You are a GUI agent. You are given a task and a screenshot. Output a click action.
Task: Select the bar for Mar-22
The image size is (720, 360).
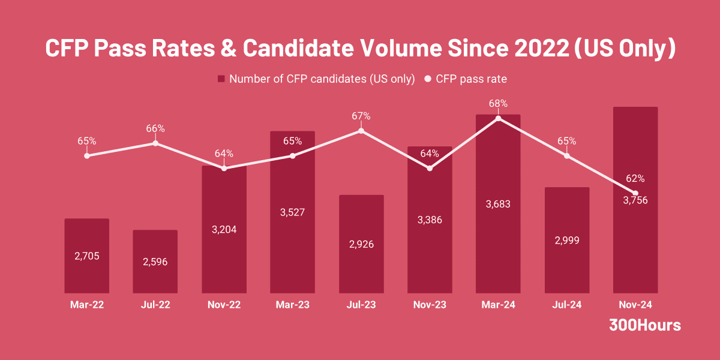click(x=87, y=256)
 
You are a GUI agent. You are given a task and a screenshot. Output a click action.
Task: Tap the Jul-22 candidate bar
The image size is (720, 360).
click(x=155, y=262)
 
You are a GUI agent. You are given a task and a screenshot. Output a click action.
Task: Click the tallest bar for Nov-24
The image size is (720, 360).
click(x=635, y=240)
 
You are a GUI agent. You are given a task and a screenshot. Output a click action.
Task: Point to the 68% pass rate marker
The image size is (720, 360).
click(x=499, y=119)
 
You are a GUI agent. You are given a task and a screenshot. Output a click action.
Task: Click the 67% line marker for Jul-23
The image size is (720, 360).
click(x=361, y=131)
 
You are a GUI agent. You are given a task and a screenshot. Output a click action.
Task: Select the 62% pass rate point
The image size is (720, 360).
click(x=635, y=193)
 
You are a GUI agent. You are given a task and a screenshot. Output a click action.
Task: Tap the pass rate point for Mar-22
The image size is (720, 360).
click(x=87, y=155)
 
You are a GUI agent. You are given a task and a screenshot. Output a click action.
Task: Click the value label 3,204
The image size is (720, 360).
click(x=224, y=229)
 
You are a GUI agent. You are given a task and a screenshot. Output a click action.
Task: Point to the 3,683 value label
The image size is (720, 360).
click(x=499, y=204)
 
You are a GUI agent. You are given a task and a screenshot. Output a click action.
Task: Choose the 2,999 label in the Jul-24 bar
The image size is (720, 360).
click(x=567, y=240)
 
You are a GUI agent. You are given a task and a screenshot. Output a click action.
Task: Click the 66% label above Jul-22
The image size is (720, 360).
click(x=155, y=128)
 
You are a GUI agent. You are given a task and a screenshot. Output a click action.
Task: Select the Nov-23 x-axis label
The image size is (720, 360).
click(x=430, y=305)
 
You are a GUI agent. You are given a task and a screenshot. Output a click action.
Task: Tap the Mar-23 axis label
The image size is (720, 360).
click(x=293, y=305)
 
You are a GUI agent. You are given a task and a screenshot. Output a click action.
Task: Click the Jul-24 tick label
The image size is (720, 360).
click(x=567, y=305)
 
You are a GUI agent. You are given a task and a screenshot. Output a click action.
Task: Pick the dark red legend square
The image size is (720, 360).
click(x=221, y=79)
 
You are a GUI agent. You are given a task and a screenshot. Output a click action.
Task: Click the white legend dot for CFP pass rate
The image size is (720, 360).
click(x=428, y=79)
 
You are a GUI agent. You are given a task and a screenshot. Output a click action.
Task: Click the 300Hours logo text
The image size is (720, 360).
click(x=645, y=325)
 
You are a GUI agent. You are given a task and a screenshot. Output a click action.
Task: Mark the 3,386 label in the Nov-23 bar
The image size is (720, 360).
click(x=430, y=220)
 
